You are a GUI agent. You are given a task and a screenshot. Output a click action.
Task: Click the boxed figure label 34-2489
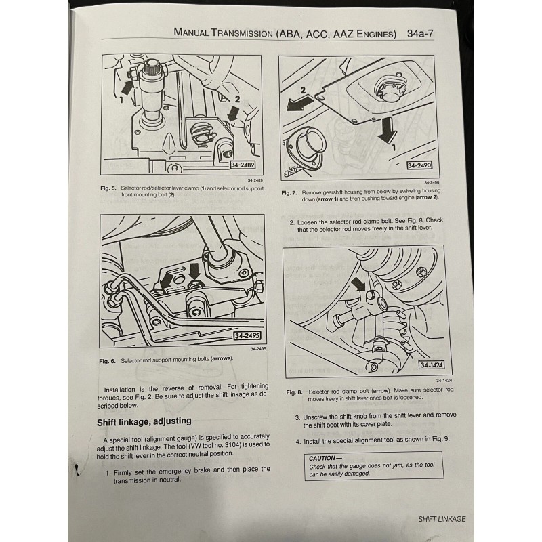pos(243,165)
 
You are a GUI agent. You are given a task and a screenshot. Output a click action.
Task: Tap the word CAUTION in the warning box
pos(322,458)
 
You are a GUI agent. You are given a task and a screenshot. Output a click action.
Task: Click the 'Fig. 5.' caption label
pos(108,188)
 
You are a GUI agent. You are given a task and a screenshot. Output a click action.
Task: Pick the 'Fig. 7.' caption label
pos(289,193)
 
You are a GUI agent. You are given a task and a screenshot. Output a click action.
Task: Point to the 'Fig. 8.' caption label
pos(293,392)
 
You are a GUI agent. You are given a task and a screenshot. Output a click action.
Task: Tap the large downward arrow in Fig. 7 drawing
pos(388,131)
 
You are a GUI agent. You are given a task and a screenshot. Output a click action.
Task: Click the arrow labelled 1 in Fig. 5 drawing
pos(126,87)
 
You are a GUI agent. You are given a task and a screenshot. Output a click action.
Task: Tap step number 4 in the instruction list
pos(298,441)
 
